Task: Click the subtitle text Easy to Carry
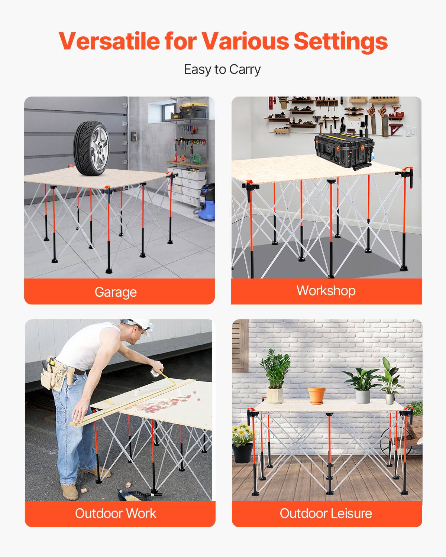[x=222, y=69]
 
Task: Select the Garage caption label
[x=116, y=292]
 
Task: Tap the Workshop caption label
[x=326, y=290]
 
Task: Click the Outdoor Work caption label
[x=116, y=513]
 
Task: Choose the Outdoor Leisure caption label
[x=326, y=513]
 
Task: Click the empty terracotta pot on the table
[x=316, y=395]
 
